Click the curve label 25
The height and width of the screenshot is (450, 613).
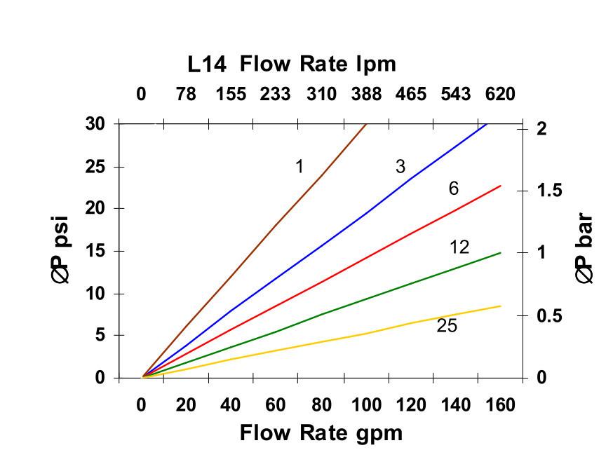[447, 326]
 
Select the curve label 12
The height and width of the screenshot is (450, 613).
[459, 247]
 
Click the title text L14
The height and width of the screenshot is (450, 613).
[207, 65]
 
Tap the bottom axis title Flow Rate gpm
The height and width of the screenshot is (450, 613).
[321, 432]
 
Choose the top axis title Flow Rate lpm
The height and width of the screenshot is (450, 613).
[318, 64]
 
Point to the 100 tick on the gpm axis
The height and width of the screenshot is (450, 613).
[366, 405]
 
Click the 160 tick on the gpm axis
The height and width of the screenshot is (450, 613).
[500, 405]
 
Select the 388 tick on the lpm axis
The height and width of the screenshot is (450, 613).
[366, 94]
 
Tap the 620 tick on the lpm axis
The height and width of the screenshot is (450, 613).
[500, 94]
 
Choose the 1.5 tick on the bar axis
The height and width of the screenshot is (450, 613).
[549, 191]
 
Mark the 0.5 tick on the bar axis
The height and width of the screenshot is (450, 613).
[549, 316]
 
